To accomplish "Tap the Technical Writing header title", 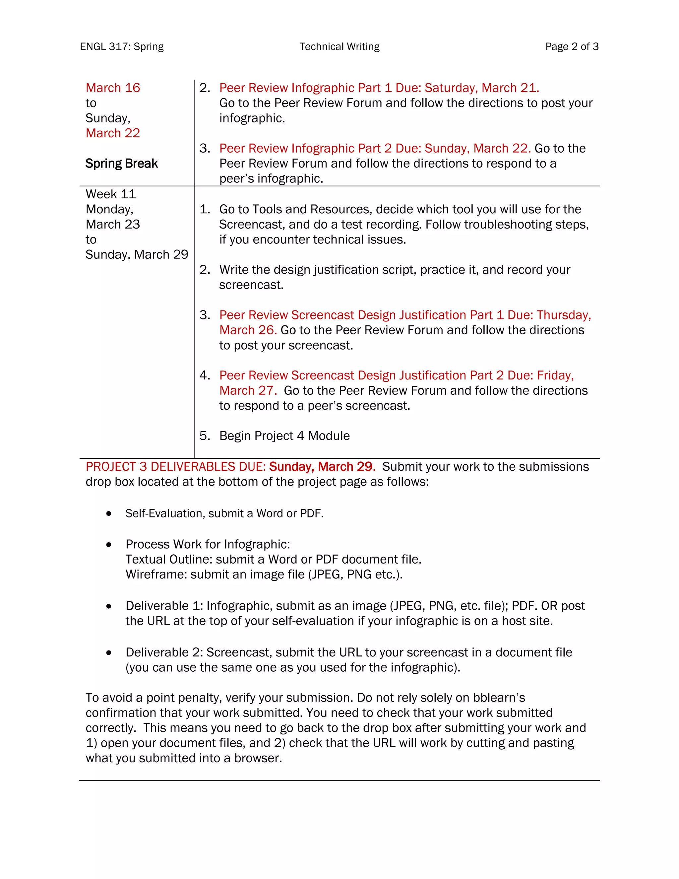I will [339, 47].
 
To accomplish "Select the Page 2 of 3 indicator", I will [572, 47].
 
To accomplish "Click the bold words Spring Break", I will [121, 164].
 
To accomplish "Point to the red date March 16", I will [113, 88].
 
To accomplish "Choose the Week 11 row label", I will [111, 194].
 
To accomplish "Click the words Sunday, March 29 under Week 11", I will [137, 254].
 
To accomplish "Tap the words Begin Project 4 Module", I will [284, 436].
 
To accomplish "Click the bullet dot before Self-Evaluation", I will [109, 513].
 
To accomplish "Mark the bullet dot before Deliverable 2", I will [109, 653].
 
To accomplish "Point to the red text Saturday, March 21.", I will [481, 88].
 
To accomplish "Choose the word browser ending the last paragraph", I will [258, 758].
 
